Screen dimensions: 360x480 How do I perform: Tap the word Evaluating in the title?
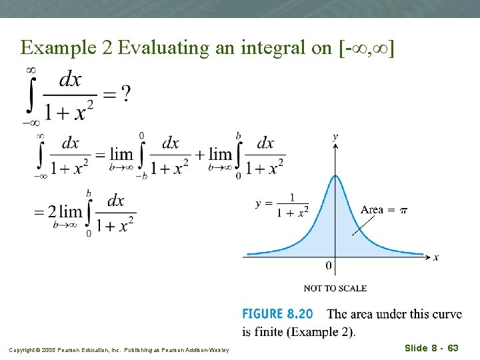tap(152, 47)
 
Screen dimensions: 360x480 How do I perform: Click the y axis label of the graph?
tap(335, 137)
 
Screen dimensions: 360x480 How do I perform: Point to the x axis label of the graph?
tap(436, 257)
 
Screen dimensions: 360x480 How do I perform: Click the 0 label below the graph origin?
tap(329, 266)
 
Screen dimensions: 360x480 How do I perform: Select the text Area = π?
tap(384, 210)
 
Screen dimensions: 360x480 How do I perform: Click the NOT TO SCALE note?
tap(335, 288)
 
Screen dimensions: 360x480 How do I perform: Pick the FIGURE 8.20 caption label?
tap(280, 314)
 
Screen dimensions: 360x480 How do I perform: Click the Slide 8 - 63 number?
tap(431, 348)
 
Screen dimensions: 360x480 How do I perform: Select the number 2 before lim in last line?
tap(51, 211)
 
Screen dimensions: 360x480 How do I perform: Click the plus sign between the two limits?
tap(199, 155)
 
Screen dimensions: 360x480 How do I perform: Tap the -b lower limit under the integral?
tap(141, 176)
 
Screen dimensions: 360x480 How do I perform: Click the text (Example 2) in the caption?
tap(321, 331)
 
